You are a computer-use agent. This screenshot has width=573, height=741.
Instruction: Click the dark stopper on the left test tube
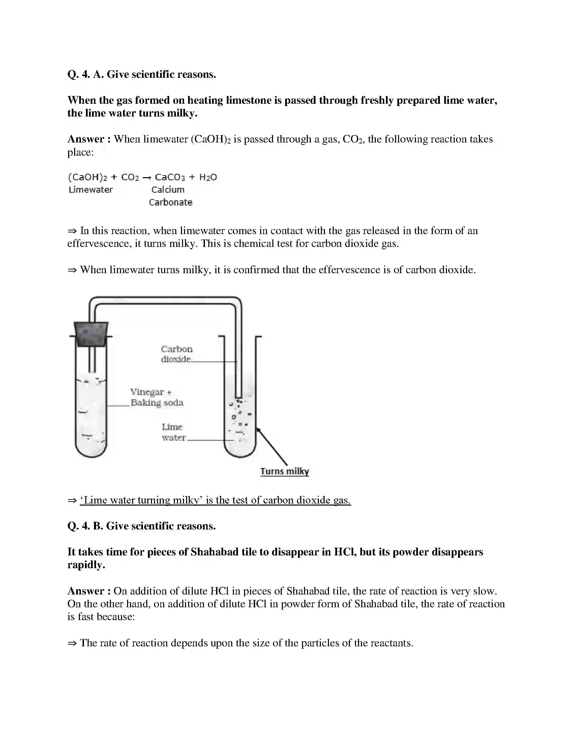(91, 334)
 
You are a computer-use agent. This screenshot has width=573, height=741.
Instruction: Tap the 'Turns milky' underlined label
(284, 471)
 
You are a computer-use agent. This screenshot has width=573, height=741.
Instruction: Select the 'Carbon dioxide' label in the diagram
(177, 354)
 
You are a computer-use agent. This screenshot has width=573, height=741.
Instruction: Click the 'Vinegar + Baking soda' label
(157, 397)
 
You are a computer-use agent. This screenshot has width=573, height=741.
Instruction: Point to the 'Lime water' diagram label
(174, 432)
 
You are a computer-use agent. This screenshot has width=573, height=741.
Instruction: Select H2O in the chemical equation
(208, 177)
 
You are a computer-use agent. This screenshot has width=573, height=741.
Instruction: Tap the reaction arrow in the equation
(147, 178)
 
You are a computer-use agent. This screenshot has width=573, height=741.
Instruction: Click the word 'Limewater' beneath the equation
(91, 190)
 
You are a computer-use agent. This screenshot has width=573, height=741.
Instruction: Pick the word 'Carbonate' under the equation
(171, 202)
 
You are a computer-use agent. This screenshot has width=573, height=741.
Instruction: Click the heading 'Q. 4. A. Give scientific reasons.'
(142, 74)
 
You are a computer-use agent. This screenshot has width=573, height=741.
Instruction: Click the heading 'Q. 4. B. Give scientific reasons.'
(142, 526)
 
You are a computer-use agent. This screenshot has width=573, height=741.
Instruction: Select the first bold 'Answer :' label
(89, 139)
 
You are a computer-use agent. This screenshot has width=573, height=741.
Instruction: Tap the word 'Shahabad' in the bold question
(214, 552)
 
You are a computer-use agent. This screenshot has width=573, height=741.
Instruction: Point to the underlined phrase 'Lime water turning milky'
(141, 500)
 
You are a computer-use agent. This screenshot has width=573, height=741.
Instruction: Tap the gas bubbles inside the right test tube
(240, 412)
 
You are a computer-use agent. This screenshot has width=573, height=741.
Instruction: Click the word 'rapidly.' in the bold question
(86, 565)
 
